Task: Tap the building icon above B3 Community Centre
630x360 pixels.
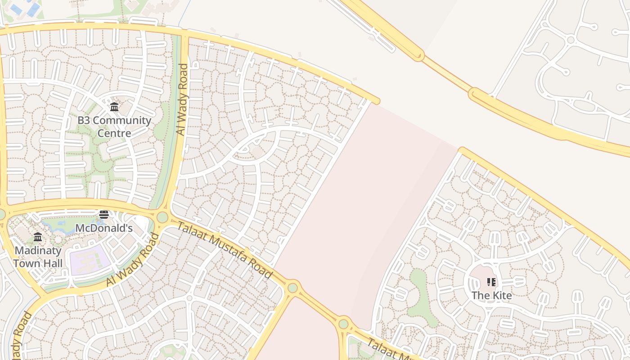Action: pos(114,107)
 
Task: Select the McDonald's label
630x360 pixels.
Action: pos(104,228)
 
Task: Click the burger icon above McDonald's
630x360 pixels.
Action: pos(104,215)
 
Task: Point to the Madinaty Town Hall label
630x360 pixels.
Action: pos(38,256)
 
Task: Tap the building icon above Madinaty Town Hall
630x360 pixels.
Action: pos(38,237)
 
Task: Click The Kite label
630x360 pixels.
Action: pos(491,296)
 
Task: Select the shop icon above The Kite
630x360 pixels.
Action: pos(491,282)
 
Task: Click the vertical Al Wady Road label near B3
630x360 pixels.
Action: pos(182,99)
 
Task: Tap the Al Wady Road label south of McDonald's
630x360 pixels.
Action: pos(133,260)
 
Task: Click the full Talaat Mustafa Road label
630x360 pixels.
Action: pos(224,249)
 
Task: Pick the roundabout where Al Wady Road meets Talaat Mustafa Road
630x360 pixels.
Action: pos(162,217)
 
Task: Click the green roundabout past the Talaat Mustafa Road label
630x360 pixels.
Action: pos(293,287)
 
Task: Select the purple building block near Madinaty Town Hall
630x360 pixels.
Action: pos(90,260)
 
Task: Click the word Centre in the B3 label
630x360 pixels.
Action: pos(114,133)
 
